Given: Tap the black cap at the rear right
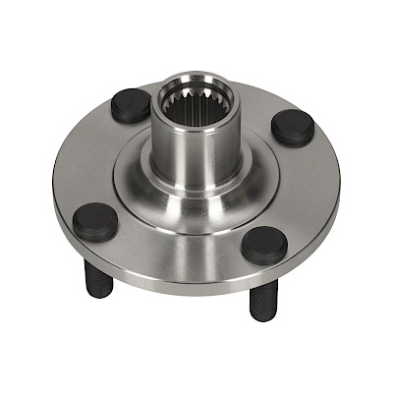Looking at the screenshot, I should [x=294, y=125].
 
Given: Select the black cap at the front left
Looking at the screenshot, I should [x=95, y=222].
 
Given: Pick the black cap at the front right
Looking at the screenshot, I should [x=265, y=245].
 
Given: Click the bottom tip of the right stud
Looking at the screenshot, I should [x=259, y=315].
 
